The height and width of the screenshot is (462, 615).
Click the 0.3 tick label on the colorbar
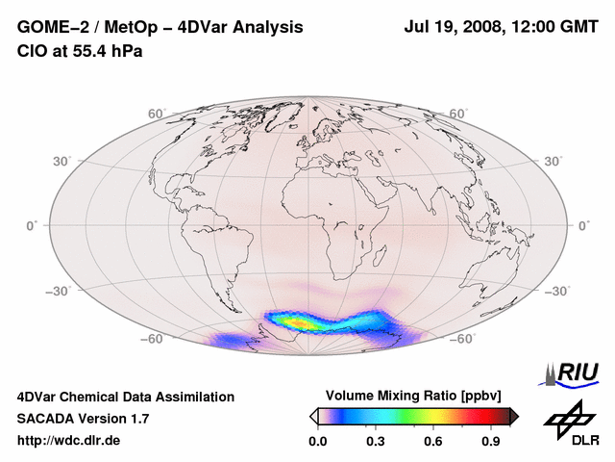(x=375, y=442)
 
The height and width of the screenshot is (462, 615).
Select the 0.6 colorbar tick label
(x=433, y=442)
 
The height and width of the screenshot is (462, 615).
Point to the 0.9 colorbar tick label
(x=491, y=442)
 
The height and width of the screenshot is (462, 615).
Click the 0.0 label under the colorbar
(x=317, y=442)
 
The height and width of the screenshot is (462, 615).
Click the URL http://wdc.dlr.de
(x=69, y=441)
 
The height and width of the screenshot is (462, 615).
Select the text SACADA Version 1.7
(x=83, y=419)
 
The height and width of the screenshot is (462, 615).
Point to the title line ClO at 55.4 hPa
(x=80, y=51)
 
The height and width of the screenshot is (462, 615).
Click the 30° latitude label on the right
(x=555, y=161)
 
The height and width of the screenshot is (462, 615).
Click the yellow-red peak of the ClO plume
(x=306, y=322)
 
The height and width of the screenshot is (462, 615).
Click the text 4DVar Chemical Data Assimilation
(x=125, y=397)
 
